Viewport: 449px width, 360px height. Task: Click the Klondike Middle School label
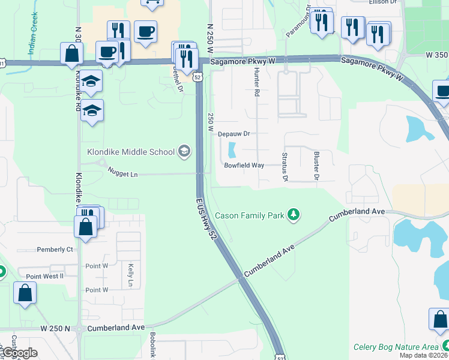point(130,152)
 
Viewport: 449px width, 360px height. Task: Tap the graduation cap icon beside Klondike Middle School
point(184,152)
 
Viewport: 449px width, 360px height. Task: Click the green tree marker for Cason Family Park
point(293,214)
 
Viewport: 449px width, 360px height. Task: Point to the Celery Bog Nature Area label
point(396,346)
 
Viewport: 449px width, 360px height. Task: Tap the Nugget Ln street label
point(122,173)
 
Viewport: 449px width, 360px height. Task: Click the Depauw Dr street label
point(233,134)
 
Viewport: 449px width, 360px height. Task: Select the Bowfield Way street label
point(244,165)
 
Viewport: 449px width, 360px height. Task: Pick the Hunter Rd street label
point(256,82)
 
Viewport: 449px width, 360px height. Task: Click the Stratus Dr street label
point(285,167)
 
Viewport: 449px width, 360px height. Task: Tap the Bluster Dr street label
point(316,166)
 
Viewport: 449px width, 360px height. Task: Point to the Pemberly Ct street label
point(55,249)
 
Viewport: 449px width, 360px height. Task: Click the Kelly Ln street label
point(130,274)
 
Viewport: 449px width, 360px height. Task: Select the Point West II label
point(41,275)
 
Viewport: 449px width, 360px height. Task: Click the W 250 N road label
point(55,328)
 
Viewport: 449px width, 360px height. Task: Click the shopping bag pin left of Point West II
point(25,293)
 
